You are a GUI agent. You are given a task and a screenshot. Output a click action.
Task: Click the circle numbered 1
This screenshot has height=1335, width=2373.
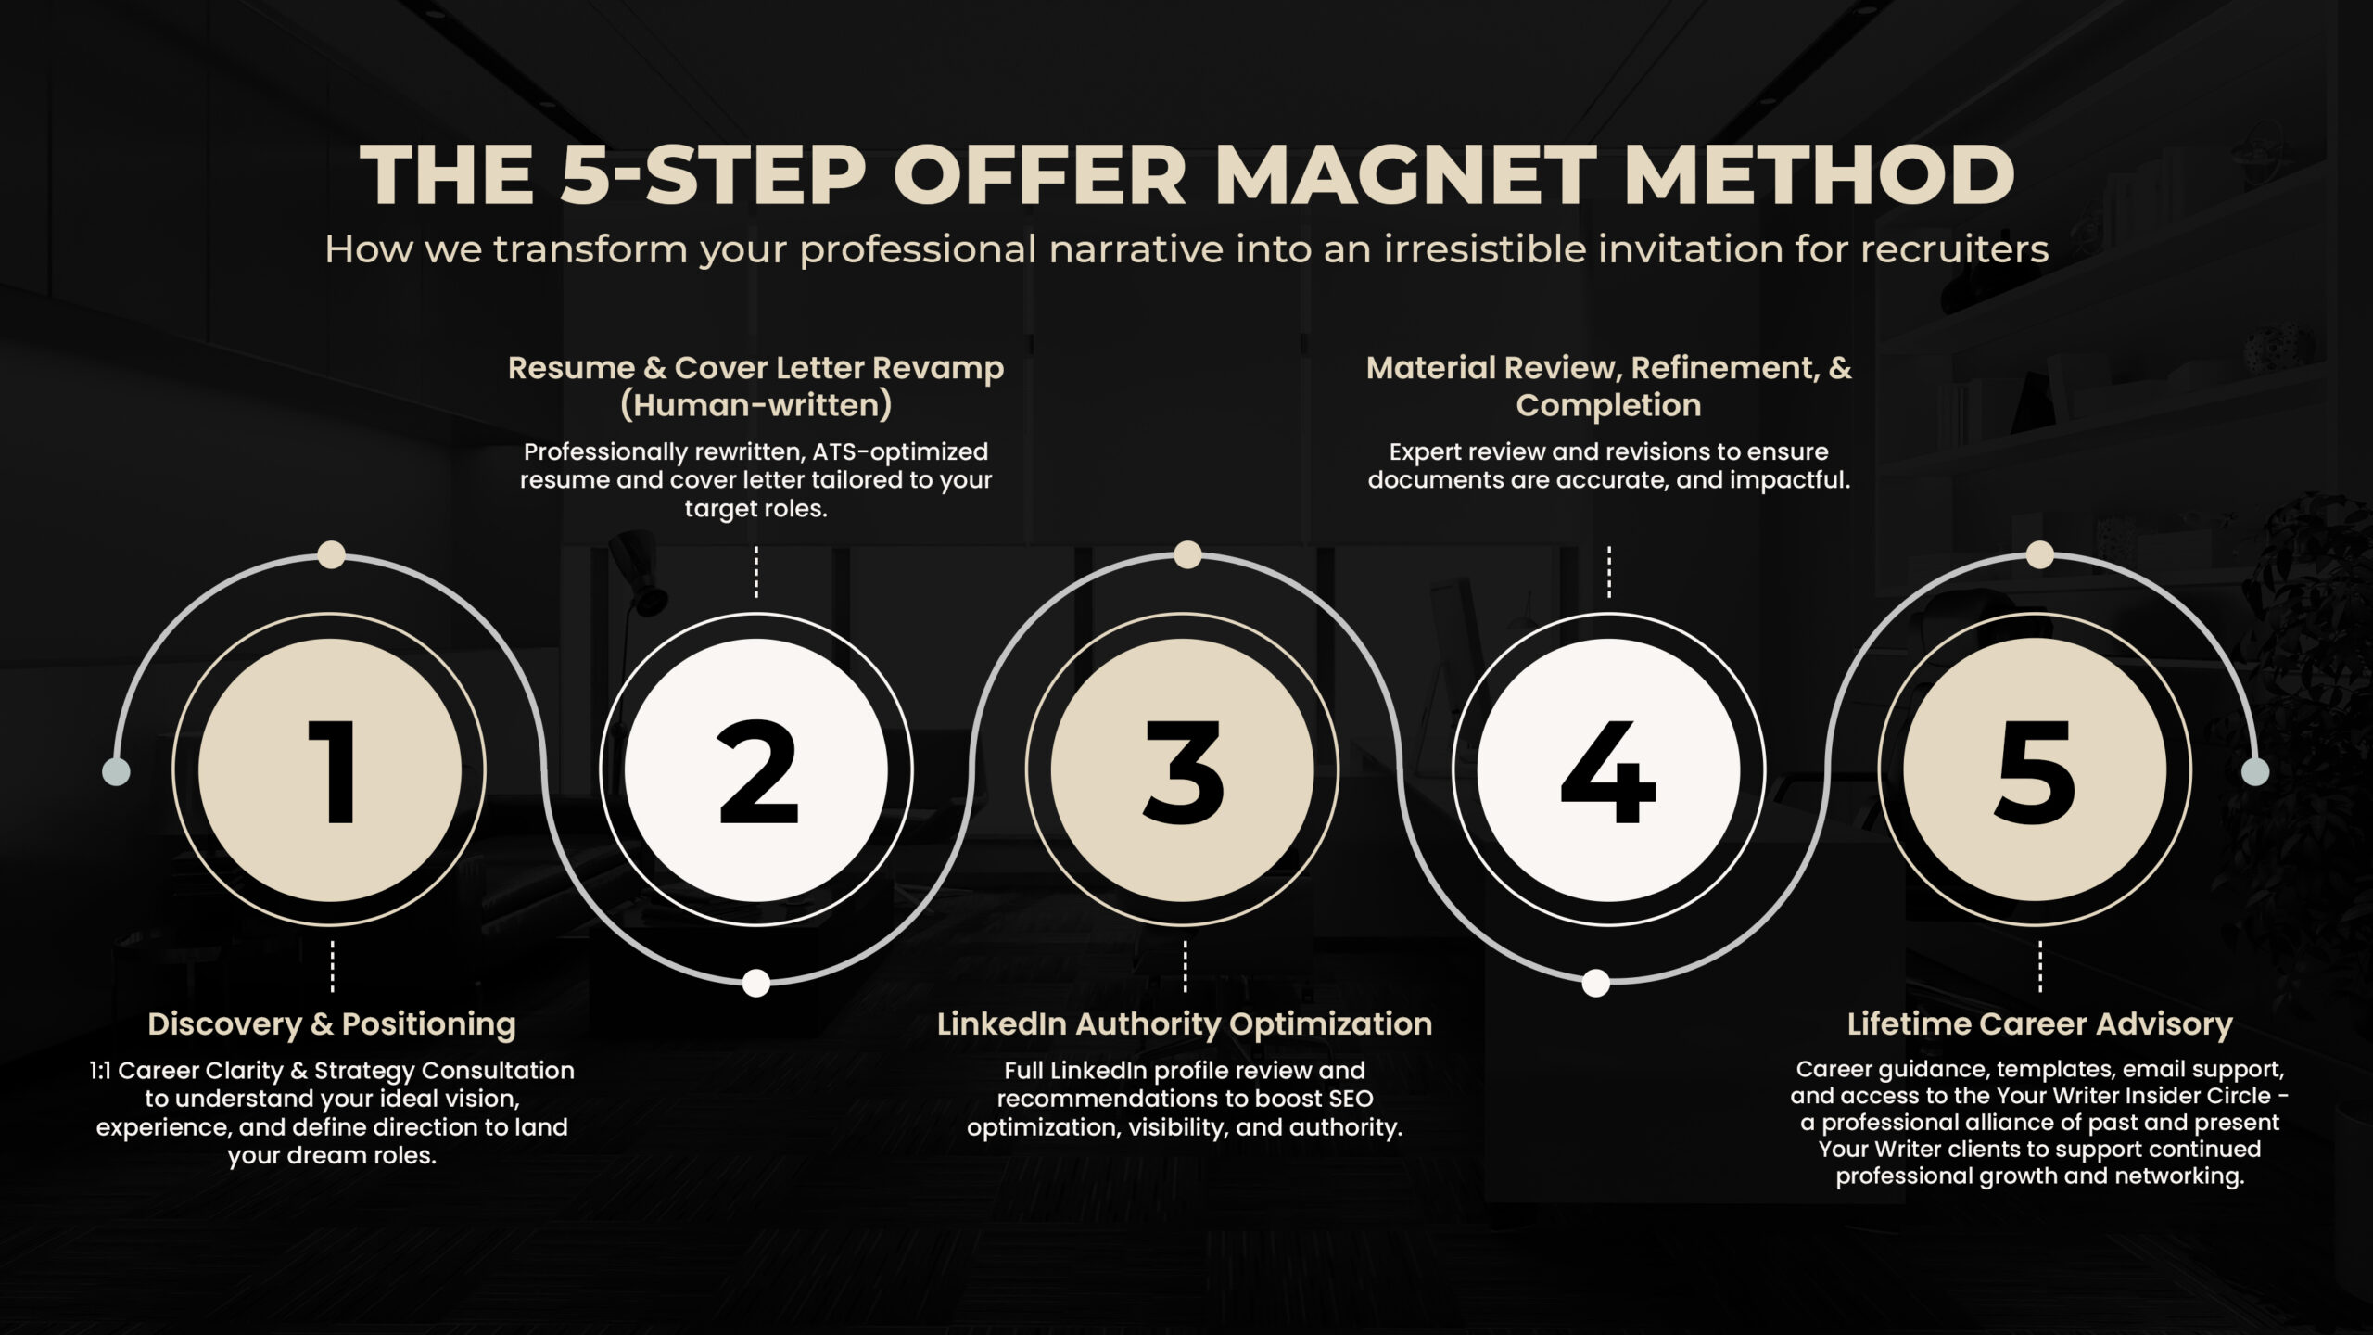[330, 770]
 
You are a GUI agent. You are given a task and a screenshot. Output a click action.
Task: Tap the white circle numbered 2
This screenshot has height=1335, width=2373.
[756, 770]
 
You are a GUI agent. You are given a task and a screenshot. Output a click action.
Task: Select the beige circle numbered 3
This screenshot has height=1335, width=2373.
[1183, 770]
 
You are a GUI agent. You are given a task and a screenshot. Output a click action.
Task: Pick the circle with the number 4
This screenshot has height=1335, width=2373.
[1609, 770]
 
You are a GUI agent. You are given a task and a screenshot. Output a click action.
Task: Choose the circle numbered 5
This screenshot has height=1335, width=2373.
[2036, 770]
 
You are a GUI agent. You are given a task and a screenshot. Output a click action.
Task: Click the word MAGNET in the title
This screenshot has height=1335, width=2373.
[1405, 174]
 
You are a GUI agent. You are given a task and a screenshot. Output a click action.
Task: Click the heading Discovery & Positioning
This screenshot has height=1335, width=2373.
[332, 1024]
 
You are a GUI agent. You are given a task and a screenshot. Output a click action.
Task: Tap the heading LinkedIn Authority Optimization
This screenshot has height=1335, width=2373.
[1185, 1024]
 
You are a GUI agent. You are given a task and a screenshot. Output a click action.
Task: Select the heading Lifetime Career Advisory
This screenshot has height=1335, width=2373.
[2039, 1024]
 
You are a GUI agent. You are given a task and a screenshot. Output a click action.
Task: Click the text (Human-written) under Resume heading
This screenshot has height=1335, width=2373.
[755, 405]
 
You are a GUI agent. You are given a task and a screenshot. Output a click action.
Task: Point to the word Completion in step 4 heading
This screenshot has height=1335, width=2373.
[1608, 405]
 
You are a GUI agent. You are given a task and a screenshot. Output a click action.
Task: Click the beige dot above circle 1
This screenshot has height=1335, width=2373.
[331, 554]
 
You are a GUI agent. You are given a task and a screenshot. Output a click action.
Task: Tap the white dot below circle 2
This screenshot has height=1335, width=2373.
[756, 983]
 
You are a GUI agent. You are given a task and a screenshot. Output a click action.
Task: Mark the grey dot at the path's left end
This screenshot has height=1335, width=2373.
[116, 771]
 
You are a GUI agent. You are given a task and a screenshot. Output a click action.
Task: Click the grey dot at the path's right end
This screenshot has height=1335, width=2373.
[2255, 771]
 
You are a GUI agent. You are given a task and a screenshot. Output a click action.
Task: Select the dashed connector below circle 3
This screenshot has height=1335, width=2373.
[1185, 967]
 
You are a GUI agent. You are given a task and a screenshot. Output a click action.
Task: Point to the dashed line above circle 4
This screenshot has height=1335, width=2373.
[1609, 572]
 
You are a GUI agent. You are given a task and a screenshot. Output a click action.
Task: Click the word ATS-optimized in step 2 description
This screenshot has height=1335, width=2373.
[900, 452]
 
